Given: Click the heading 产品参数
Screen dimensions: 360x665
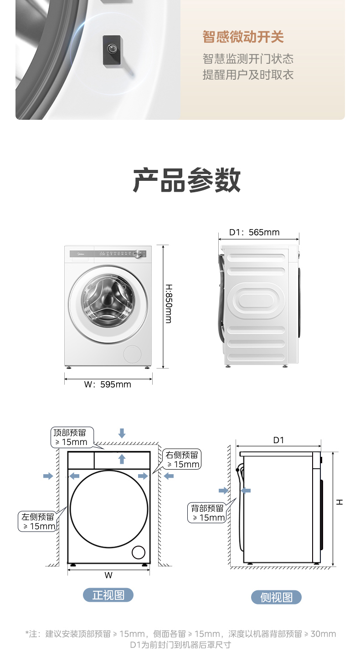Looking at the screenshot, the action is click(x=187, y=180).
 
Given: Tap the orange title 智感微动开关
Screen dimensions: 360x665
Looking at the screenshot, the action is click(x=243, y=37).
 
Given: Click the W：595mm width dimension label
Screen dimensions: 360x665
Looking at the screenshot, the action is click(x=108, y=384).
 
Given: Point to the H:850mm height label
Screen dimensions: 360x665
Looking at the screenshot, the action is click(x=169, y=304).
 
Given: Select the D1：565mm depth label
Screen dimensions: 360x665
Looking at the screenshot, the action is click(x=254, y=232).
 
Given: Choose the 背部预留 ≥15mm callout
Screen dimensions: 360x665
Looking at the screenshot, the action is click(x=208, y=513).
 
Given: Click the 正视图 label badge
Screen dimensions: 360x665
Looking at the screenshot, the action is click(x=108, y=595).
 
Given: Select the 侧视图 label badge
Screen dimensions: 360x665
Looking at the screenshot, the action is click(x=276, y=597).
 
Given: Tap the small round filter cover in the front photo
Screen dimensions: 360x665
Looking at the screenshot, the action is click(x=132, y=354).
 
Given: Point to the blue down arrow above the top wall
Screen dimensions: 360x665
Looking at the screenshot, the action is click(x=122, y=433).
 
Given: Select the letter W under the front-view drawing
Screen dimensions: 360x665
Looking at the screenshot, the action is click(x=108, y=575).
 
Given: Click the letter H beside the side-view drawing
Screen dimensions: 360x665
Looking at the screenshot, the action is click(x=340, y=502).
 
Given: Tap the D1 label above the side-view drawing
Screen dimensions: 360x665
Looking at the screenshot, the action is click(x=278, y=440).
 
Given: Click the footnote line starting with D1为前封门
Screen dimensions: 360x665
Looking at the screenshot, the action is click(x=180, y=645).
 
